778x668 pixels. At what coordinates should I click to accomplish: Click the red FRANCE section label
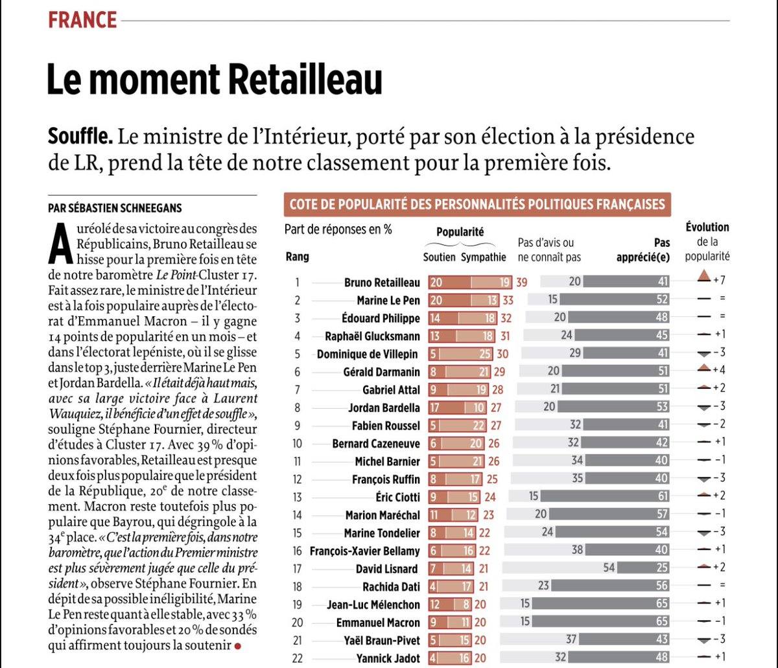[x=82, y=20]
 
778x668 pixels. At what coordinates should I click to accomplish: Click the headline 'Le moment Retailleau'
[x=214, y=80]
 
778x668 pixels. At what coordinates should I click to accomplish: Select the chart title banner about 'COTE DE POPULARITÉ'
[x=477, y=205]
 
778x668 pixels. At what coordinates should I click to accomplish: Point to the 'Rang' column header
[x=297, y=257]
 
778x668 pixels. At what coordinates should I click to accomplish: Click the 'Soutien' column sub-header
[x=440, y=257]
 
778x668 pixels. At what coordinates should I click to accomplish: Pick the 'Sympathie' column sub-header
[x=484, y=257]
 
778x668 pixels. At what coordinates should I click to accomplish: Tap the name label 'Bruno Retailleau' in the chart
[x=382, y=282]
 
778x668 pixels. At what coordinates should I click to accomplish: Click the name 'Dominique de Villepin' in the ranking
[x=368, y=354]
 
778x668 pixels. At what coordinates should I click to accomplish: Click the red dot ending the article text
[x=237, y=646]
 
